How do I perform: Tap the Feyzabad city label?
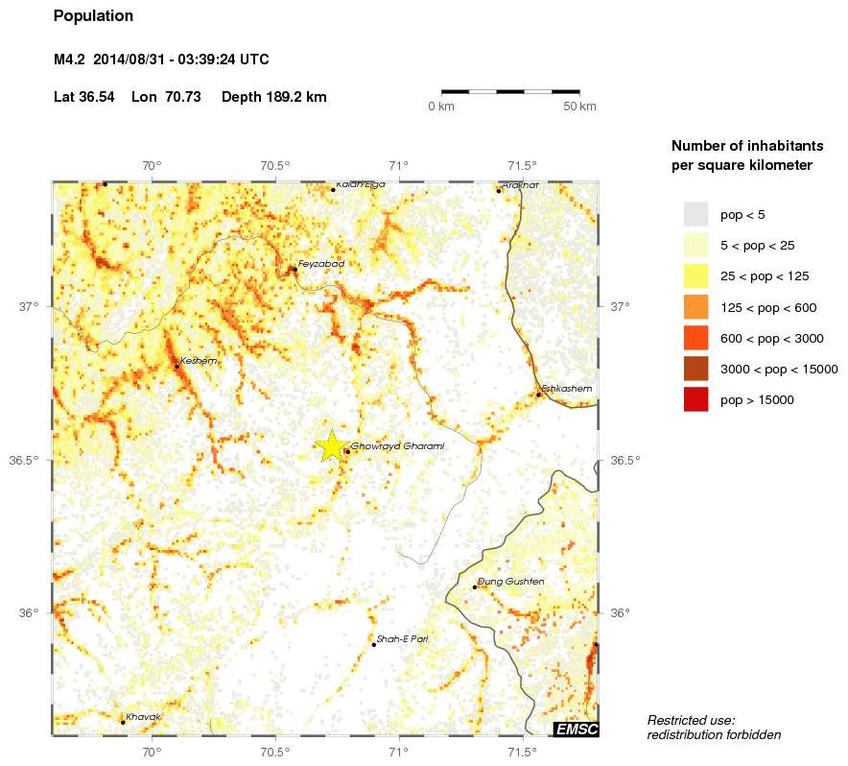pyautogui.click(x=320, y=263)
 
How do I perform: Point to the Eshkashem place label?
pyautogui.click(x=567, y=389)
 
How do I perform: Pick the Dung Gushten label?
pyautogui.click(x=511, y=582)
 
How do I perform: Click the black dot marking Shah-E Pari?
pyautogui.click(x=374, y=644)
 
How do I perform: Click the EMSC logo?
pyautogui.click(x=577, y=730)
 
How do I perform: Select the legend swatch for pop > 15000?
pyautogui.click(x=695, y=399)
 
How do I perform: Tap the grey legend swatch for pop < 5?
pyautogui.click(x=695, y=214)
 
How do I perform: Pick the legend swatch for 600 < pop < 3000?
pyautogui.click(x=695, y=338)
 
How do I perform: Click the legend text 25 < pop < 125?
pyautogui.click(x=765, y=276)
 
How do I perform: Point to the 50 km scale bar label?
pyautogui.click(x=579, y=106)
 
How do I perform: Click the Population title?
pyautogui.click(x=93, y=16)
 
